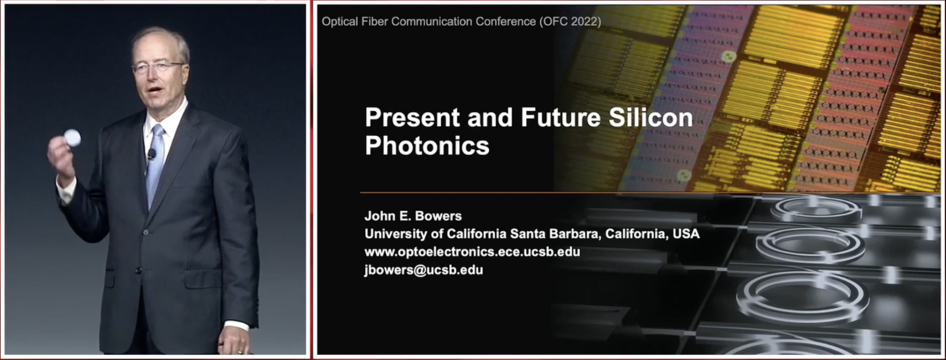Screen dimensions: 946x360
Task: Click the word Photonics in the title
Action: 427,146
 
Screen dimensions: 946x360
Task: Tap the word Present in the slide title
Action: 412,117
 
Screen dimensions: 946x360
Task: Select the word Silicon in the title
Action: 650,117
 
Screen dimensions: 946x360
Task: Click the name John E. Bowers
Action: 413,217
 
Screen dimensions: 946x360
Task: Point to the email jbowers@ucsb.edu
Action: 424,270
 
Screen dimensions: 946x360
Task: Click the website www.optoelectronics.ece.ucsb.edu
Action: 472,252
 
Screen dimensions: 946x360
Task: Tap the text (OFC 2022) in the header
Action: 570,22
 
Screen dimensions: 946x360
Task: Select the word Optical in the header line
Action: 340,22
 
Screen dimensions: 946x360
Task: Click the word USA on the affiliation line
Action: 686,234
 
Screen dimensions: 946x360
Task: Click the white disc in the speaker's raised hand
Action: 72,138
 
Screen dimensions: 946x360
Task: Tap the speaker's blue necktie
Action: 155,166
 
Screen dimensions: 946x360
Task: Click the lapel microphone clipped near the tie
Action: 151,154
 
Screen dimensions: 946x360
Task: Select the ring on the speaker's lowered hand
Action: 240,351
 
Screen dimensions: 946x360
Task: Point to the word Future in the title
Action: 561,117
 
